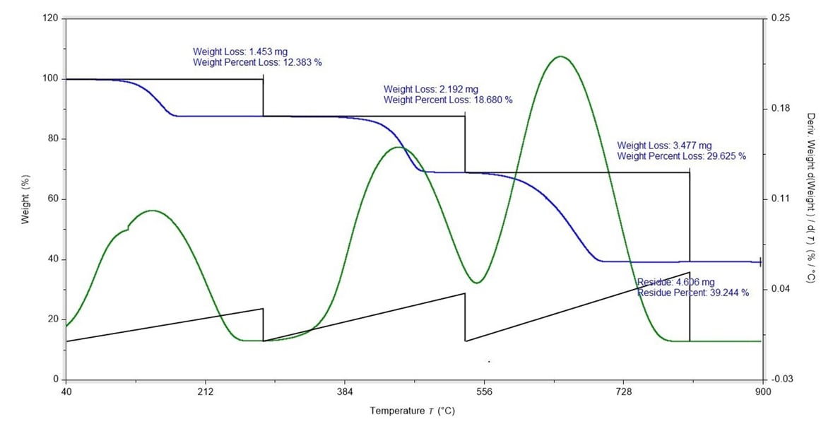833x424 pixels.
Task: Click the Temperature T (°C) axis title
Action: [x=417, y=410]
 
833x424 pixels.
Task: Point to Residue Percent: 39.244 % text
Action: [x=692, y=292]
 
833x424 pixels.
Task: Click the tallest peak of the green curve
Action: [x=560, y=57]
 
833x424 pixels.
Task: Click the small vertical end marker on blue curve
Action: [x=760, y=261]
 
